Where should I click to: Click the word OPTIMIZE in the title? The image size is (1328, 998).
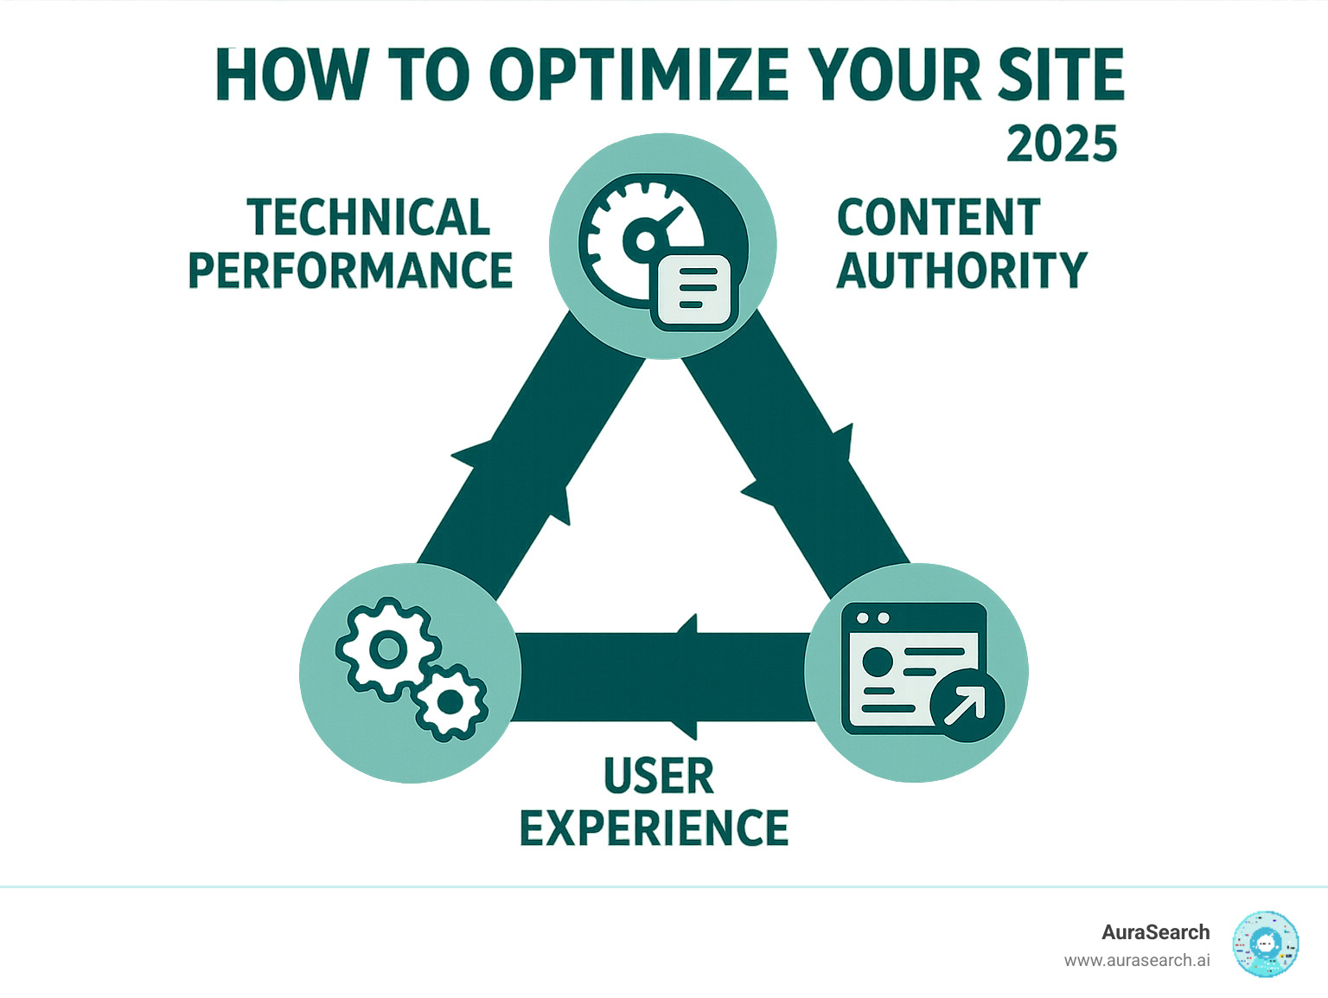click(640, 75)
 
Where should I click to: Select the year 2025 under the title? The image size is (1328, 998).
click(1062, 144)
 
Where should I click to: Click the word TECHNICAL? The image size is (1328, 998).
click(368, 218)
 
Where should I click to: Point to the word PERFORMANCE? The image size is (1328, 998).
click(350, 271)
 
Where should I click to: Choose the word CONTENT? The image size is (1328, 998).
click(938, 218)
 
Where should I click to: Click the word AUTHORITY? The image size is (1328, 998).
click(961, 271)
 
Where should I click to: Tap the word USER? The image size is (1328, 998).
click(659, 776)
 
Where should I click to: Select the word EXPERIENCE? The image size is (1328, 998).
click(654, 828)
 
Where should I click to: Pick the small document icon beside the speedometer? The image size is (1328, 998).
click(695, 291)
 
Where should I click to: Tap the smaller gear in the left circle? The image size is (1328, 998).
click(450, 702)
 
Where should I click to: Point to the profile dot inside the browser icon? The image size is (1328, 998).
click(877, 662)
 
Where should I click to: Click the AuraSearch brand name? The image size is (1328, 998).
click(1155, 932)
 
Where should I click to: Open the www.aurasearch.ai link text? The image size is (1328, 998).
click(1137, 961)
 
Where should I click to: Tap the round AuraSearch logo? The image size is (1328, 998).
click(1266, 944)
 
